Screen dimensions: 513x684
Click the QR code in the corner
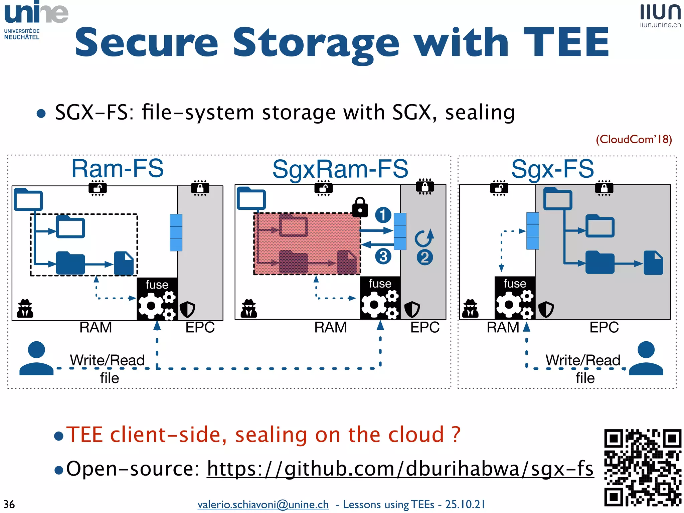[642, 468]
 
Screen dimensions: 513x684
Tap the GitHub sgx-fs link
[400, 469]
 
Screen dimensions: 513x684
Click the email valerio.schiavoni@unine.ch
[263, 504]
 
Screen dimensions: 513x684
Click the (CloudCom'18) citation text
[634, 139]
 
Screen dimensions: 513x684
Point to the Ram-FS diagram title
[118, 169]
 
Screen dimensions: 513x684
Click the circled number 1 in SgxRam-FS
[383, 215]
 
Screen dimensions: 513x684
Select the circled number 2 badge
[424, 258]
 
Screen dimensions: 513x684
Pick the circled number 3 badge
[383, 256]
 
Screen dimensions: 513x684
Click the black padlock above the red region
[360, 207]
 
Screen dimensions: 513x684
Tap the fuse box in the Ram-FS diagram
[157, 299]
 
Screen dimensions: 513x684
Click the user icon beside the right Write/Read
[646, 358]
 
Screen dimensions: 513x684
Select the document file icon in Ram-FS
[124, 263]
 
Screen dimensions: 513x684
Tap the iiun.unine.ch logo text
[660, 25]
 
